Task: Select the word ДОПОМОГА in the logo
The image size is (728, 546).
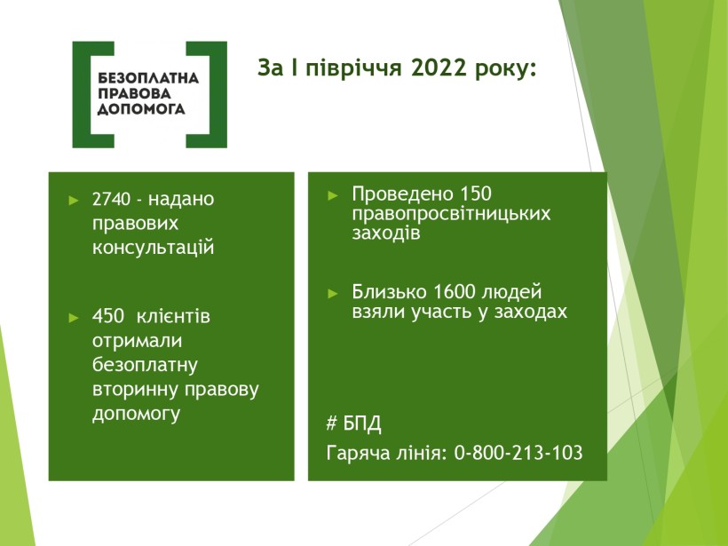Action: [141, 109]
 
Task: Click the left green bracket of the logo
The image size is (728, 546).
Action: [93, 95]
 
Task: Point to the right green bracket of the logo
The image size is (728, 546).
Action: [207, 95]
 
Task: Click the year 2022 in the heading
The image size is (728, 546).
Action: [439, 67]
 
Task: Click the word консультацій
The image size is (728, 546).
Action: [154, 248]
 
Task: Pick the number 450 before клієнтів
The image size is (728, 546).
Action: [107, 317]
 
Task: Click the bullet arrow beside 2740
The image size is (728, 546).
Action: [74, 201]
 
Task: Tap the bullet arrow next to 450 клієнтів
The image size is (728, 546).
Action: [74, 318]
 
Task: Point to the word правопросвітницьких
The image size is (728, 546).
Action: [451, 214]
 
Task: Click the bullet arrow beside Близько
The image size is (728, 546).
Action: [333, 294]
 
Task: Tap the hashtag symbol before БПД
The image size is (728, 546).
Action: [331, 423]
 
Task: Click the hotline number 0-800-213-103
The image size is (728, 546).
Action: [518, 453]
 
